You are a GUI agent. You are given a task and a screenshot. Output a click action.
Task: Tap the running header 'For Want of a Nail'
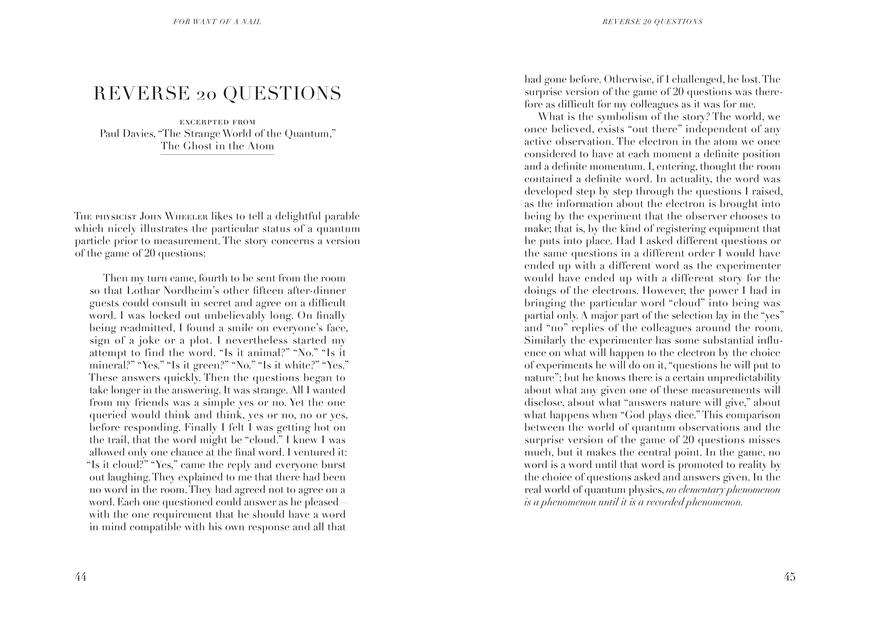[x=217, y=22]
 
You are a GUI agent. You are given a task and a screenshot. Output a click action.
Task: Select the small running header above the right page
[x=652, y=22]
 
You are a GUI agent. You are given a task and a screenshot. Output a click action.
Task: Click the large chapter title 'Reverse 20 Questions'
[x=217, y=94]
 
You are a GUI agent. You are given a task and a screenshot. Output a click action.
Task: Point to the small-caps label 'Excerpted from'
[x=217, y=122]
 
